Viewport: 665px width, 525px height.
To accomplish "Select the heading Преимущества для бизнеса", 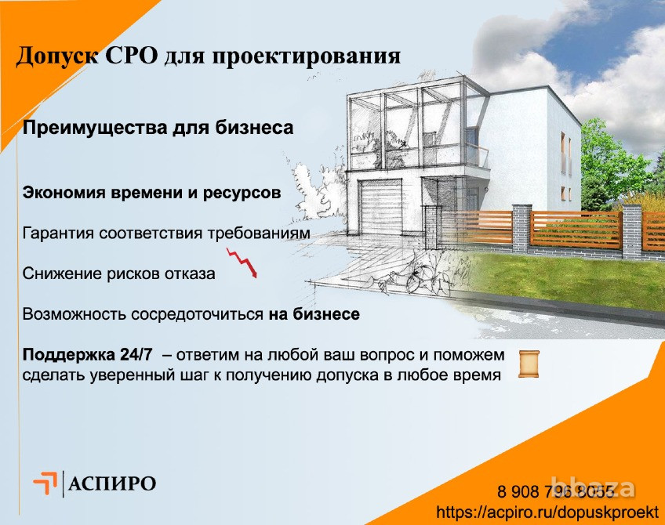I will [158, 129].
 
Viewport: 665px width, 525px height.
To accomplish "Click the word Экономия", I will [67, 193].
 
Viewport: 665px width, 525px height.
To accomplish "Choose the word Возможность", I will [78, 315].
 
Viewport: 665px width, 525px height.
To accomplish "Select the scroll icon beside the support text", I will [530, 363].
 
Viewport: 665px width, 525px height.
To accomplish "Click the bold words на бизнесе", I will [314, 315].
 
